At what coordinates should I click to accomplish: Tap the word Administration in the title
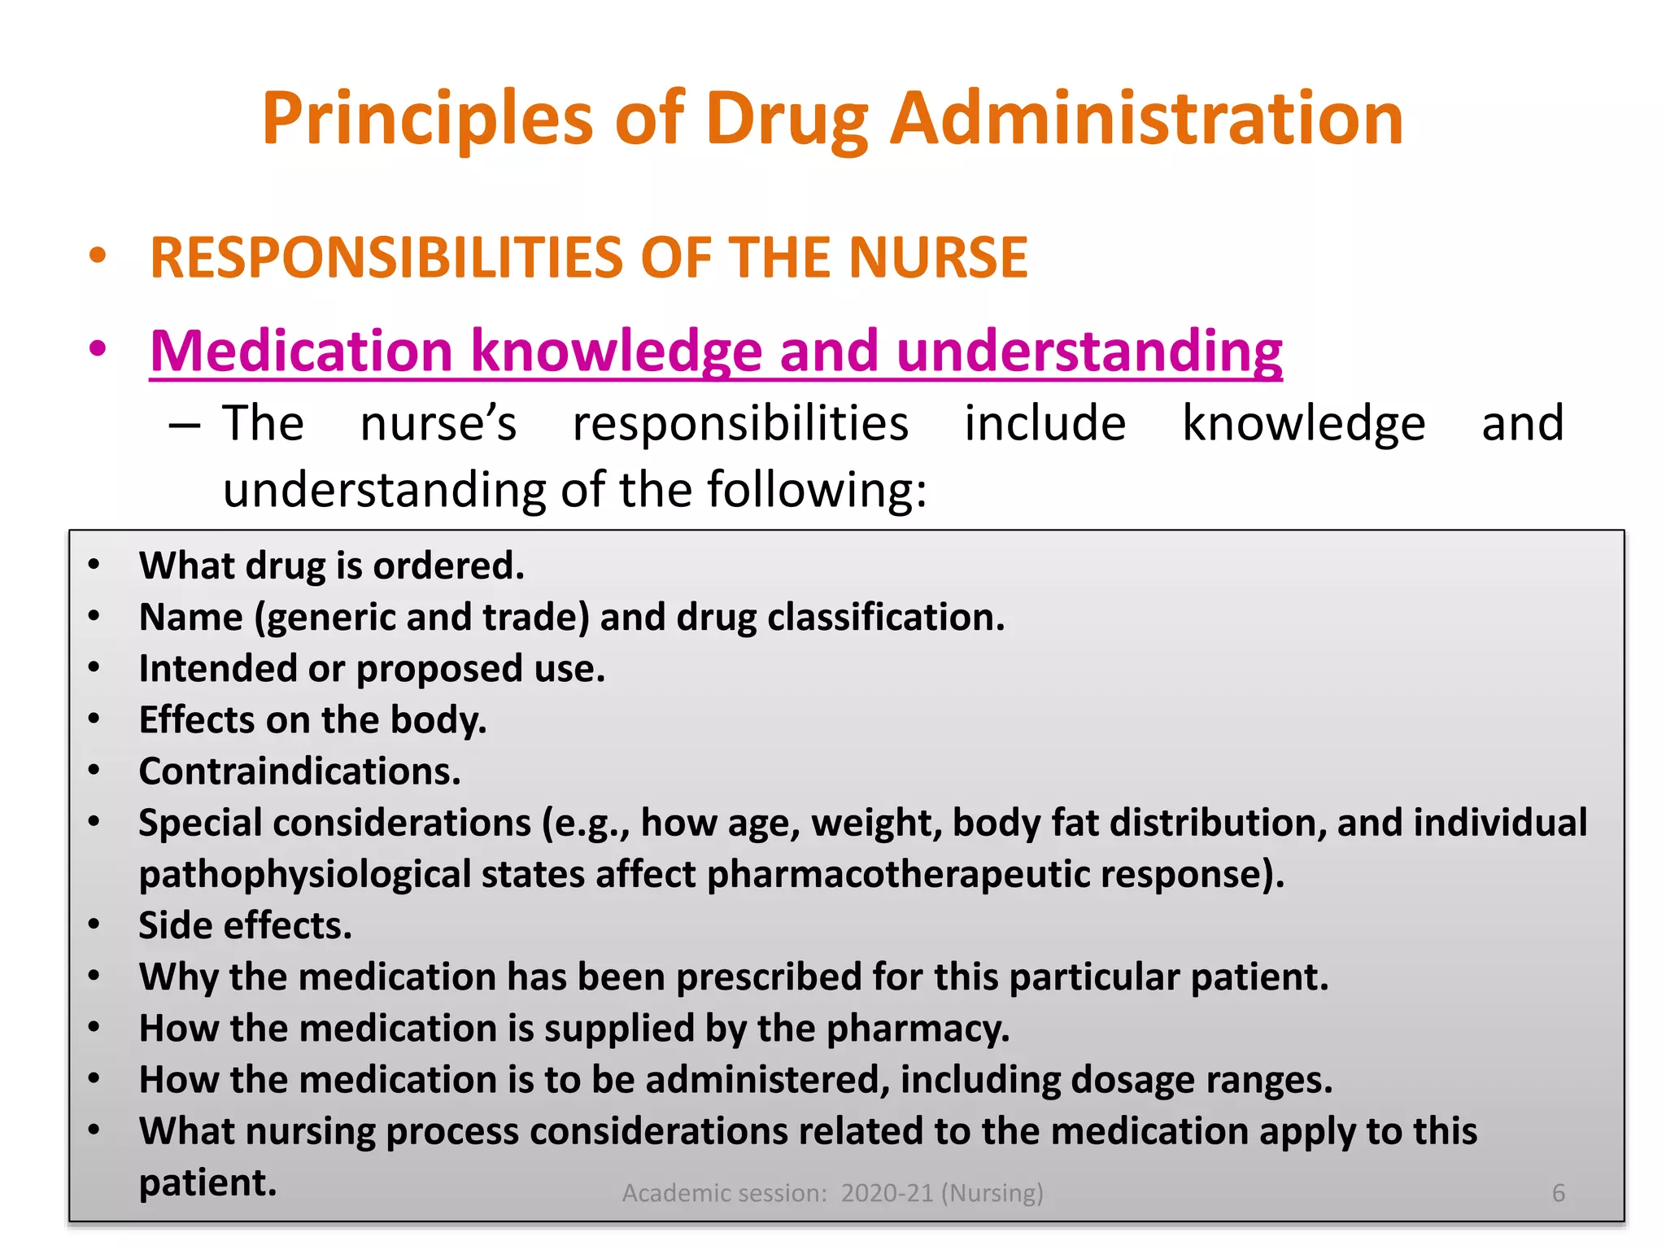(1146, 119)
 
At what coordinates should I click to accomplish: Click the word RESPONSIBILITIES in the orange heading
(387, 258)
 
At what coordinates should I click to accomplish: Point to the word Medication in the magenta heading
(301, 351)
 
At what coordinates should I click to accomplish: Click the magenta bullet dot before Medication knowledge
(98, 349)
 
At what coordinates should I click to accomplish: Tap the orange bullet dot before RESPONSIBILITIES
(98, 256)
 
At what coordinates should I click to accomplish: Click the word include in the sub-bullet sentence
(1045, 424)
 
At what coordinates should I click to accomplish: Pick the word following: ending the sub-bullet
(817, 491)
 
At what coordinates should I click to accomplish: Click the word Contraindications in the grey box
(299, 771)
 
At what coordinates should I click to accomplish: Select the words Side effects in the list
(245, 926)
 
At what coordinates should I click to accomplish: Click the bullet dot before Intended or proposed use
(94, 668)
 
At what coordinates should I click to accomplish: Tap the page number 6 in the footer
(1558, 1193)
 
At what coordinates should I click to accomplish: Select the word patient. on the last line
(207, 1183)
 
